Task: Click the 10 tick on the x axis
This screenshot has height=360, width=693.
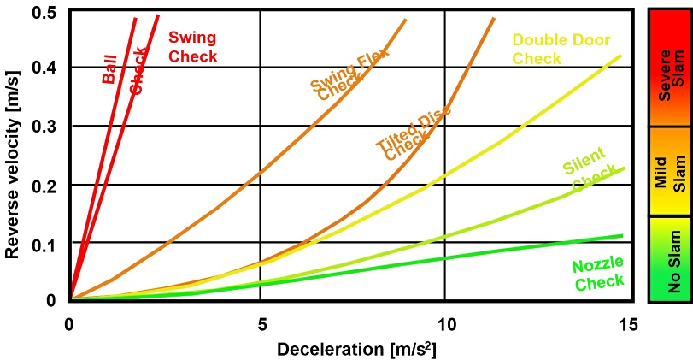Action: click(445, 325)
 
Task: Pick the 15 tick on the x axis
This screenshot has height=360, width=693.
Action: click(629, 325)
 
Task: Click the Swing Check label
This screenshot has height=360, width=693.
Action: click(191, 47)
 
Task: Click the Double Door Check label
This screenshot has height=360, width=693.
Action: click(554, 49)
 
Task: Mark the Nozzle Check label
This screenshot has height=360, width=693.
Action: click(598, 273)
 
